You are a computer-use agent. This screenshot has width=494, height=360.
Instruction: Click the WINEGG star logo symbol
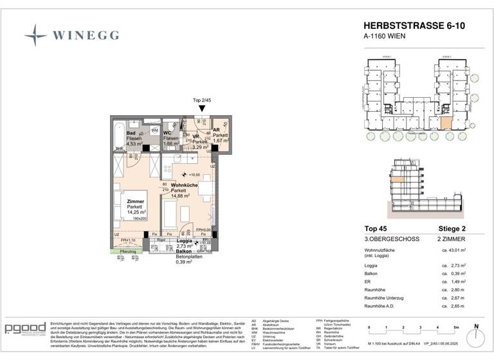click(35, 35)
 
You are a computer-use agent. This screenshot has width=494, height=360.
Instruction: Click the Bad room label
click(131, 133)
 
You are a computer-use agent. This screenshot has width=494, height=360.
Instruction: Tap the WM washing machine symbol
click(155, 130)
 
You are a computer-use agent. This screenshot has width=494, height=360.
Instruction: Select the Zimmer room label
click(135, 201)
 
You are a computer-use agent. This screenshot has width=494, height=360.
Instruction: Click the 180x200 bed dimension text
click(140, 219)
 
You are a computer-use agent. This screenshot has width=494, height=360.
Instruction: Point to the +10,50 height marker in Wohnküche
click(193, 175)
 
